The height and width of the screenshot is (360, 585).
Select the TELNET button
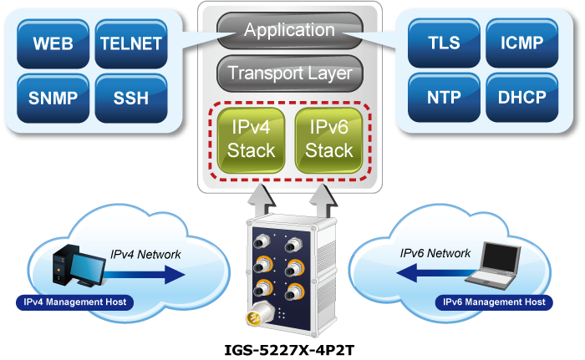(x=129, y=43)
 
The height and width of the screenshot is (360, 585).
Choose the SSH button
(x=129, y=97)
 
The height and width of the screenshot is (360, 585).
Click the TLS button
(x=443, y=43)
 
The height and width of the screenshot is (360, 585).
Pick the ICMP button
(x=520, y=43)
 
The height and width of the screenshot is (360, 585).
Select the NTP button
(x=443, y=97)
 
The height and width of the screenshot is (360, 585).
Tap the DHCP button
(x=520, y=97)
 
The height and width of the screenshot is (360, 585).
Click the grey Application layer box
(x=289, y=31)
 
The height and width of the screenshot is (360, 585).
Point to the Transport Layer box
(x=289, y=74)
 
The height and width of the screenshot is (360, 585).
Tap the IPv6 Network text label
(x=435, y=252)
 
